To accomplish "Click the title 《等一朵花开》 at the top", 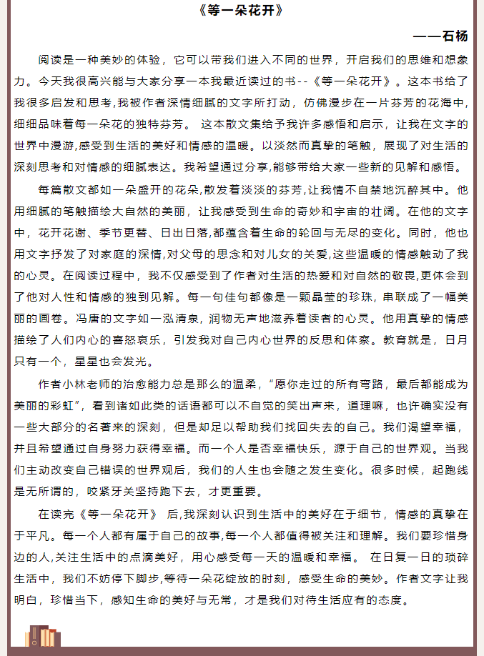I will (242, 11).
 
